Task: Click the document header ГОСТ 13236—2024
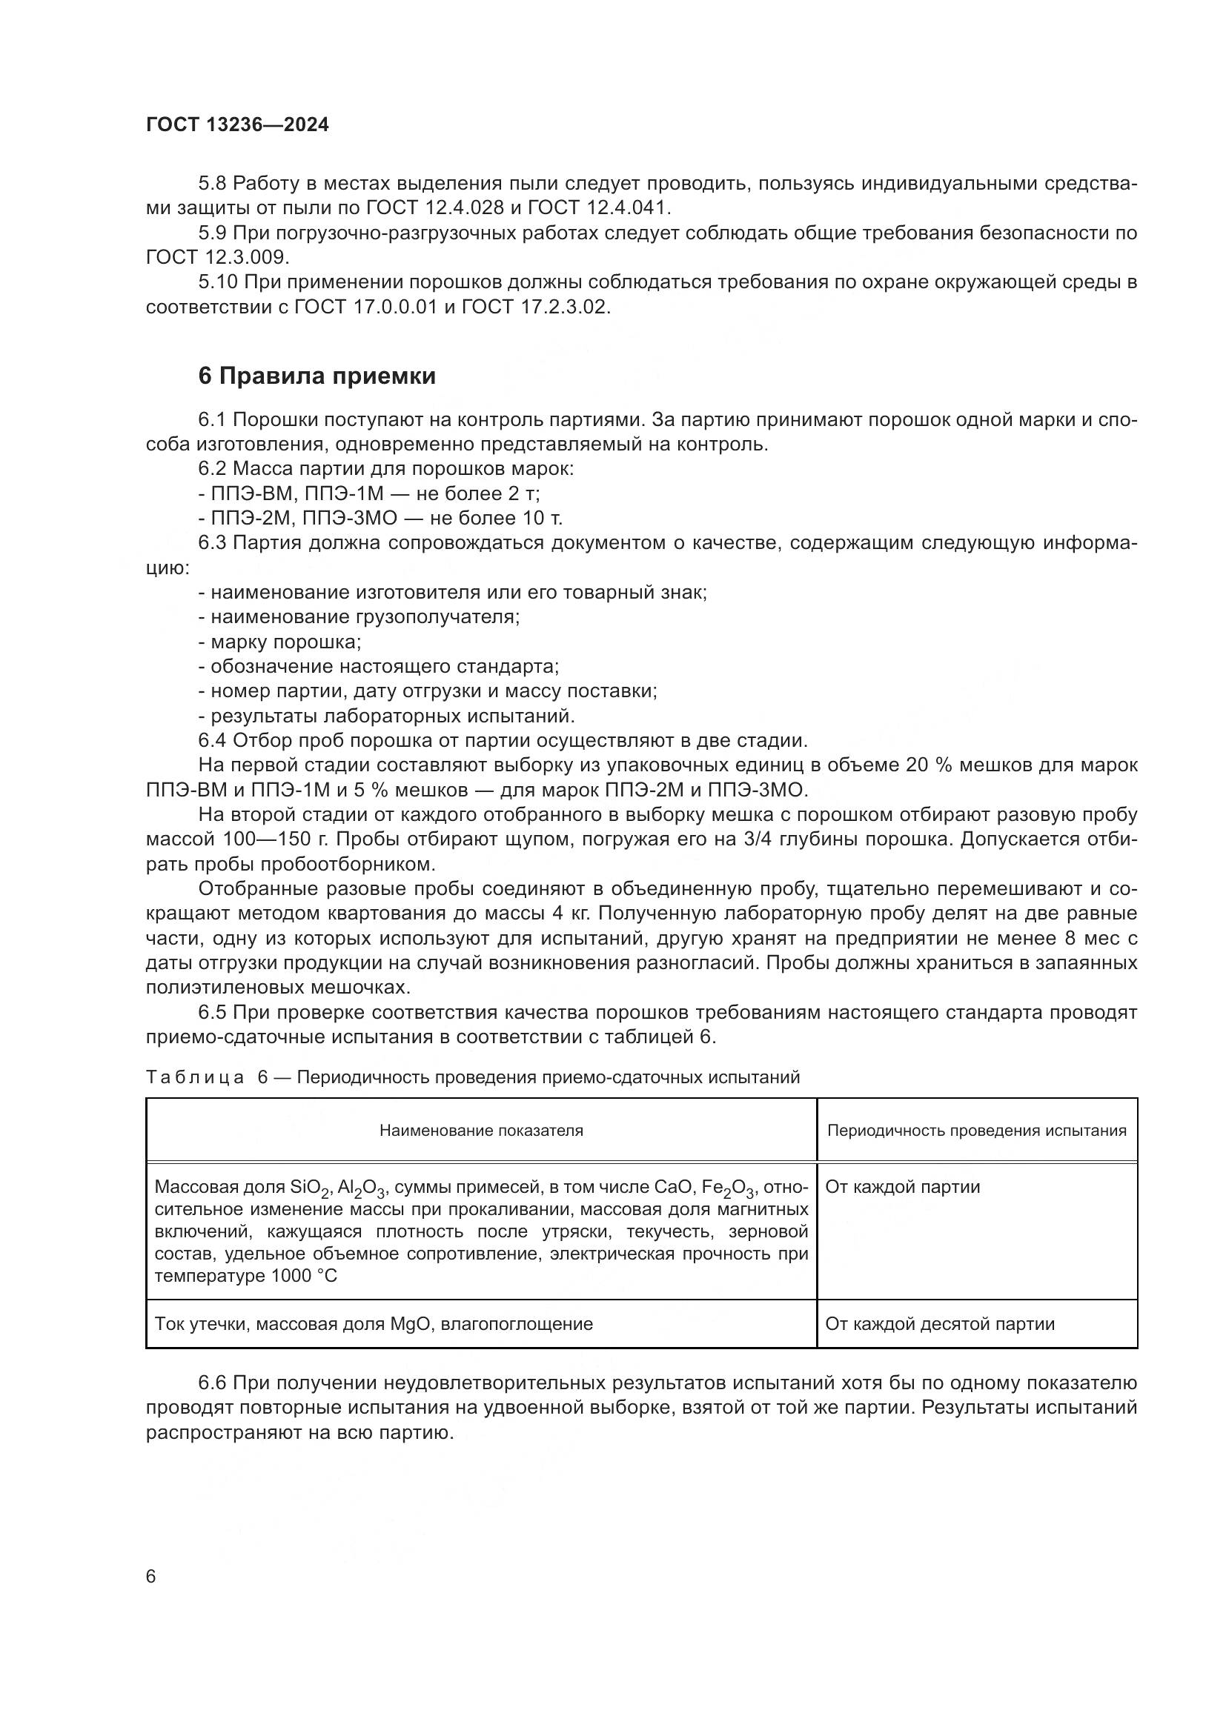[237, 125]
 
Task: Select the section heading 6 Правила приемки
[317, 376]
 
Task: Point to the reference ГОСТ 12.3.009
[216, 256]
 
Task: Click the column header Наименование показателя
[481, 1130]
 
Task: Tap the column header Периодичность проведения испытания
[976, 1130]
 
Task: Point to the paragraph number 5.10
[218, 282]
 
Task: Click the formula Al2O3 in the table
[362, 1188]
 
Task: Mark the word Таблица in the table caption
[195, 1077]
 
